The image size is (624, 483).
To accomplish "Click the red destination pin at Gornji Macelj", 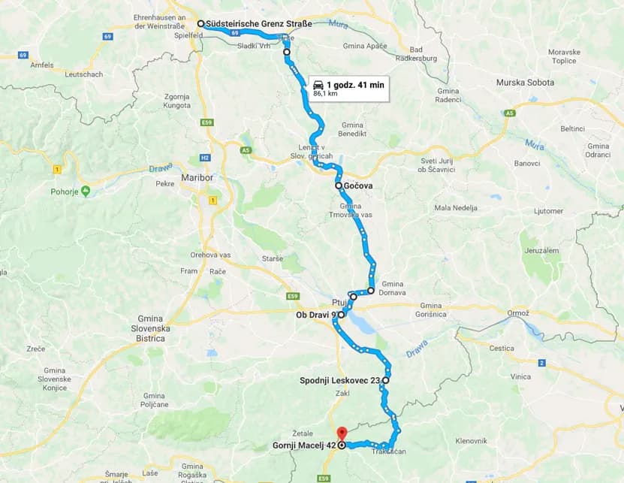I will click(341, 433).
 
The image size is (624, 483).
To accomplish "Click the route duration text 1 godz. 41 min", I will click(355, 85).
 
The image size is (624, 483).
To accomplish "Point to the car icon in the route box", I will click(318, 85).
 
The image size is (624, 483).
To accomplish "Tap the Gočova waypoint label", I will click(359, 186).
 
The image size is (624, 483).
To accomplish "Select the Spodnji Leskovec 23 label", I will click(339, 381).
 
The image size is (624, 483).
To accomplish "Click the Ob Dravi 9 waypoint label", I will click(315, 315).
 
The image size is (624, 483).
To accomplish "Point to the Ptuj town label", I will click(339, 302).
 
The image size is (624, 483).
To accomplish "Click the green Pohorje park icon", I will click(86, 191).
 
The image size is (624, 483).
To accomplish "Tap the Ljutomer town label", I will click(528, 211).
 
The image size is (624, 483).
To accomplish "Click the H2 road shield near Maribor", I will click(205, 158).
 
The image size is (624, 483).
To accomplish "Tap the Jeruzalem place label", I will click(542, 251).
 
